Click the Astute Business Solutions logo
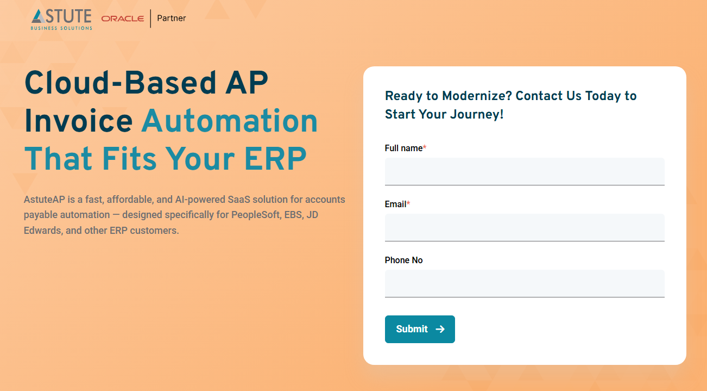tap(62, 19)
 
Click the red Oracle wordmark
tap(123, 18)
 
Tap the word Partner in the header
tap(172, 18)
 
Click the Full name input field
tap(525, 171)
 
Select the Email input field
tap(525, 227)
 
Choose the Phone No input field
tap(525, 283)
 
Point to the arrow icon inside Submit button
tap(440, 329)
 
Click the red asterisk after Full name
tap(425, 148)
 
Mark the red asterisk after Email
tap(408, 204)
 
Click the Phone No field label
tap(403, 260)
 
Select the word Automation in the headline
tap(230, 121)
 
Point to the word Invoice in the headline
tap(78, 121)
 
